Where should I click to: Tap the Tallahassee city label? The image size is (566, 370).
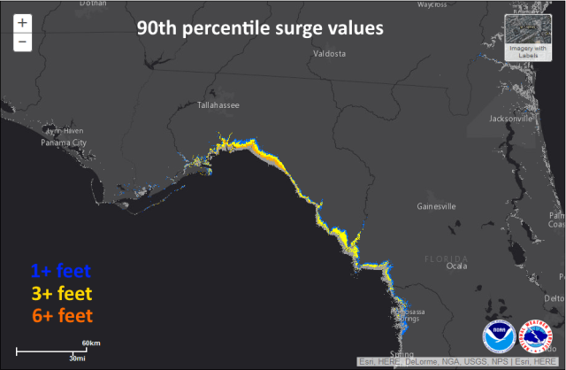click(x=217, y=106)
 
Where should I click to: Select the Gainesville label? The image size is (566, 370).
click(x=436, y=206)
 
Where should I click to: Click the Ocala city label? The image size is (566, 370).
click(x=456, y=266)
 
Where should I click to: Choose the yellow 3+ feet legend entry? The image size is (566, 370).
click(x=61, y=293)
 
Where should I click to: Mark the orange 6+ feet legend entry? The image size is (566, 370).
click(x=61, y=315)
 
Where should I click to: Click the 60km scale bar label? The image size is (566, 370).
click(x=91, y=343)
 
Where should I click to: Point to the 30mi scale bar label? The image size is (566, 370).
click(x=78, y=359)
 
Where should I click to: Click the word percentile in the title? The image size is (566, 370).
click(x=215, y=28)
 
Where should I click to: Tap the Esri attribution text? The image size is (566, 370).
click(x=461, y=361)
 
